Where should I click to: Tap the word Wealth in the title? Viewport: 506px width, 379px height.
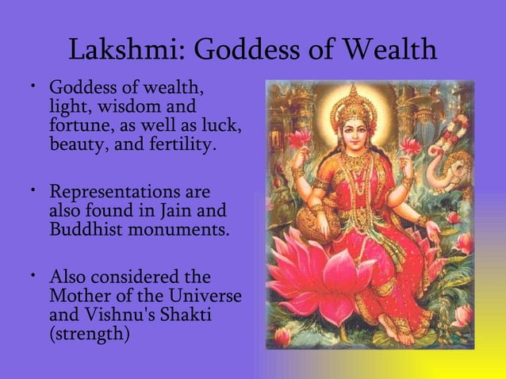click(389, 50)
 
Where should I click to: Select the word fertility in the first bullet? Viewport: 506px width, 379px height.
click(176, 144)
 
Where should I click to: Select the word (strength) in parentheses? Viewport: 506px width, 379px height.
click(89, 335)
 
